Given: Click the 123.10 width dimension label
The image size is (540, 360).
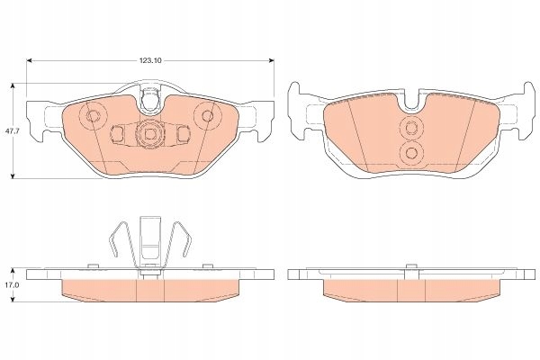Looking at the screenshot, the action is (150, 60).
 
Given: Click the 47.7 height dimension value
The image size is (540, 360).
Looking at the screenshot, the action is (9, 131).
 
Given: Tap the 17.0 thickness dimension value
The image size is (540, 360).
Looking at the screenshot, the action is (9, 285).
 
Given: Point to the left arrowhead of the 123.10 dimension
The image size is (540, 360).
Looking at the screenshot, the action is (29, 60).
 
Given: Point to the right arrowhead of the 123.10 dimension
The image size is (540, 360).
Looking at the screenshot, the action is (272, 60).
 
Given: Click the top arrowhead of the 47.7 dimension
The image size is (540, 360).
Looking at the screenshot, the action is (13, 85).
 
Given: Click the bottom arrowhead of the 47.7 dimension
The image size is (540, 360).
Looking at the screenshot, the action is (13, 176).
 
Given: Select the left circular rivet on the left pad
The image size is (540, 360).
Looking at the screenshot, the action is (93, 116).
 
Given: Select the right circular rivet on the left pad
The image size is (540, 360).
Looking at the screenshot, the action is (207, 115).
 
